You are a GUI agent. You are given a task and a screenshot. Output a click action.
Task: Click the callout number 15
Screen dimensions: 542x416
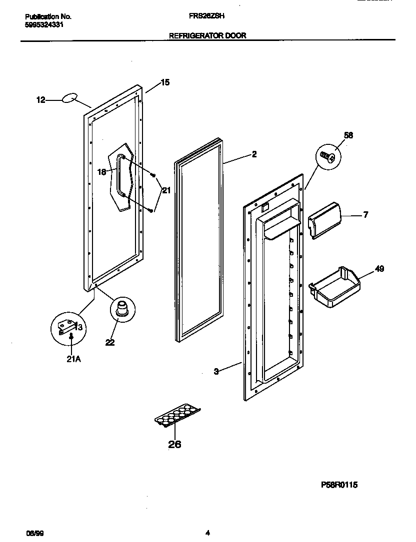point(165,83)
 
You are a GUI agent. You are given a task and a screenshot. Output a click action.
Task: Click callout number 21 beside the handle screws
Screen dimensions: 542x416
point(166,189)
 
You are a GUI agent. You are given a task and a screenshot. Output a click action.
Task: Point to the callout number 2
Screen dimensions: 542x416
point(254,154)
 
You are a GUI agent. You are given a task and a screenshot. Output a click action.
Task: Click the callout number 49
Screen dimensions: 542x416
point(379,269)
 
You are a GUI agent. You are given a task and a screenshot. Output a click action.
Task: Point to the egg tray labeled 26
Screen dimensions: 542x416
point(177,416)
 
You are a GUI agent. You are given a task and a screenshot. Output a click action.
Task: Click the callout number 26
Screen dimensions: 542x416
point(174,445)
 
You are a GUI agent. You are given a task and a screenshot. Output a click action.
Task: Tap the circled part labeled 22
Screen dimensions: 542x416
point(121,308)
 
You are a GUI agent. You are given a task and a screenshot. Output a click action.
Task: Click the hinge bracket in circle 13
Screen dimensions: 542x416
point(67,327)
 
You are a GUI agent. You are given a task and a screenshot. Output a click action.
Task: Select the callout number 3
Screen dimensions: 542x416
point(216,371)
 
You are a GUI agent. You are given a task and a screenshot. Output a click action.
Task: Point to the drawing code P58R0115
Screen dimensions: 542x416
point(339,485)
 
